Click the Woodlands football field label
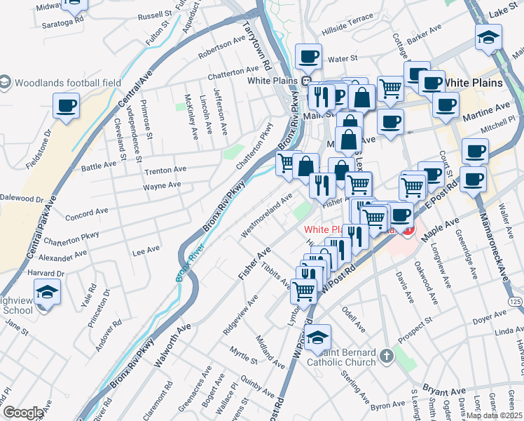tap(67, 83)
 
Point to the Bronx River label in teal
tap(185, 265)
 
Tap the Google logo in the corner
tap(23, 413)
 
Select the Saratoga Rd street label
tap(62, 20)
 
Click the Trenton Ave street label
tap(165, 170)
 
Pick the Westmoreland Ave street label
tap(267, 215)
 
